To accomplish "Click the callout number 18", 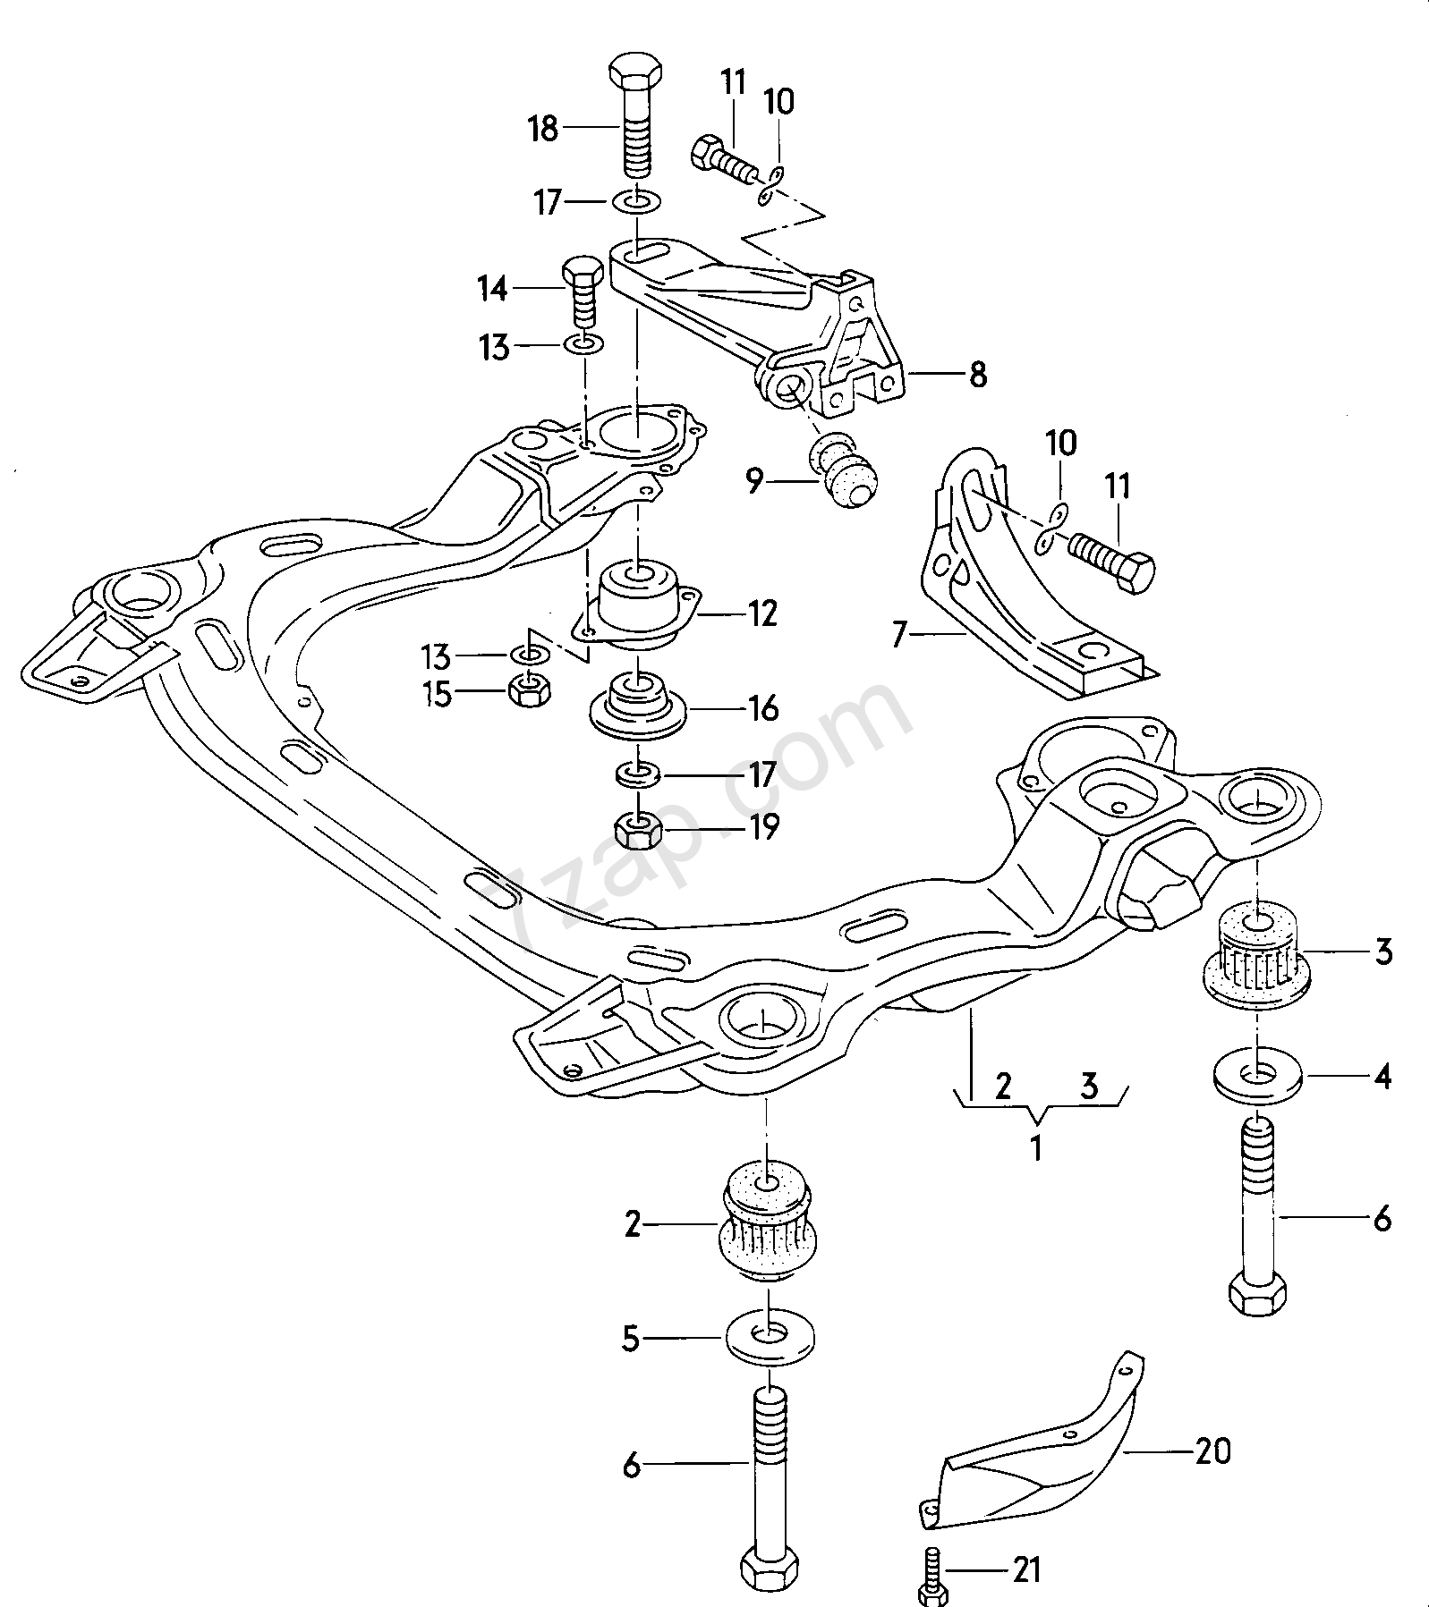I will pyautogui.click(x=543, y=130).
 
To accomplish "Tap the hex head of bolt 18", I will pyautogui.click(x=635, y=71).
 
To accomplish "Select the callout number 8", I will pyautogui.click(x=978, y=374).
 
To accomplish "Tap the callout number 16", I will pyautogui.click(x=761, y=708).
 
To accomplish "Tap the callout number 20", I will pyautogui.click(x=1212, y=1451).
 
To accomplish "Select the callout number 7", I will pyautogui.click(x=899, y=636).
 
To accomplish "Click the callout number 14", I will pyautogui.click(x=492, y=289).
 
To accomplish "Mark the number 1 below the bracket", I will pyautogui.click(x=1036, y=1147).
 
